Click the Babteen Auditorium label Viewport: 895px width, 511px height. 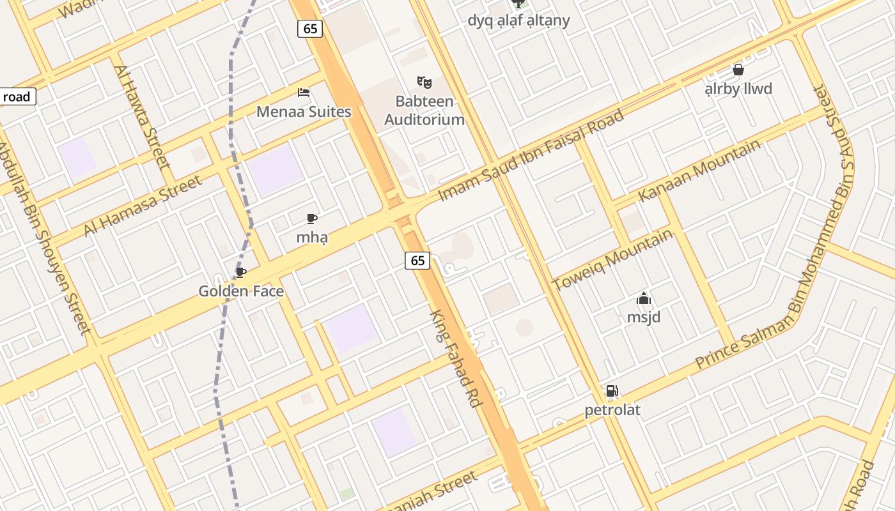tap(424, 111)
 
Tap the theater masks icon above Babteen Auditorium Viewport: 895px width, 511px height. tap(424, 82)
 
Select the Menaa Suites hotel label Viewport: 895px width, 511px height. tap(304, 112)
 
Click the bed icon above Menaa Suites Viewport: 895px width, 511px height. tap(304, 93)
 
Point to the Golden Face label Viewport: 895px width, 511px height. tap(241, 291)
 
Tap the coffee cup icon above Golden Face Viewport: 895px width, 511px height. tap(241, 273)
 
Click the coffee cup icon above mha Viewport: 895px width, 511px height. tap(312, 219)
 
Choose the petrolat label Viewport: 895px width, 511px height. tap(612, 410)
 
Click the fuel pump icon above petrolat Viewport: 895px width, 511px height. tap(612, 391)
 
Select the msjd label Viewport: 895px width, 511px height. tap(643, 317)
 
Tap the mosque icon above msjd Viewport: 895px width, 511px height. tap(643, 298)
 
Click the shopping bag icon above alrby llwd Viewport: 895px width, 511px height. tap(738, 70)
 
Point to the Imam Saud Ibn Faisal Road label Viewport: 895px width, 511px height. tap(531, 156)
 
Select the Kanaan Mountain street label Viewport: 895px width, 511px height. tap(699, 170)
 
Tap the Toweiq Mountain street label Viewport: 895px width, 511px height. tap(612, 259)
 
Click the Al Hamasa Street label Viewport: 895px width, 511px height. tap(143, 206)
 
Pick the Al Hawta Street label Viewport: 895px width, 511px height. tap(143, 116)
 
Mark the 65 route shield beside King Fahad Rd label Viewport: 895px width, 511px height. tap(417, 261)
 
